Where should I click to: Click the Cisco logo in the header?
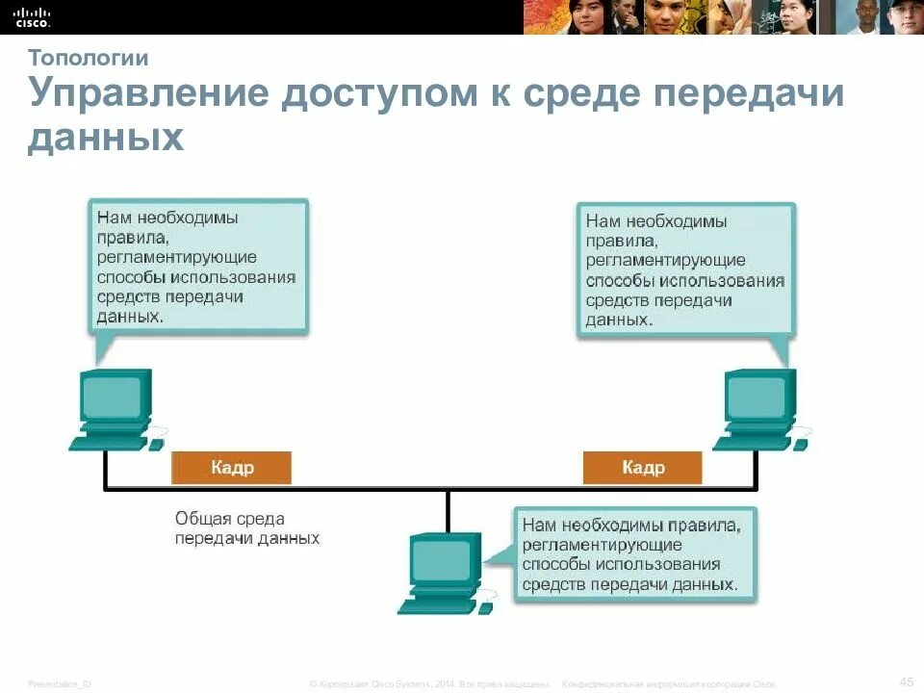click(x=32, y=15)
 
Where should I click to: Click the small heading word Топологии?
click(x=88, y=58)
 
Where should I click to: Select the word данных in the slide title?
click(x=105, y=139)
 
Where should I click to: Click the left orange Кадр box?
click(x=231, y=468)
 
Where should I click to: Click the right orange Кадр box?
click(x=642, y=468)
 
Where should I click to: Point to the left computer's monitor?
click(x=115, y=396)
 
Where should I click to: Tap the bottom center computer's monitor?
click(x=444, y=560)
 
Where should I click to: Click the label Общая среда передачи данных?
click(x=245, y=528)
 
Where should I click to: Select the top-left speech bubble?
click(x=198, y=267)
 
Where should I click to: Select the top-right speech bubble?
click(x=685, y=269)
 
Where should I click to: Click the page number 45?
click(x=906, y=681)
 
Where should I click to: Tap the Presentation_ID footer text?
click(x=60, y=682)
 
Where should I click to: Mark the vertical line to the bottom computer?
click(x=448, y=510)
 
